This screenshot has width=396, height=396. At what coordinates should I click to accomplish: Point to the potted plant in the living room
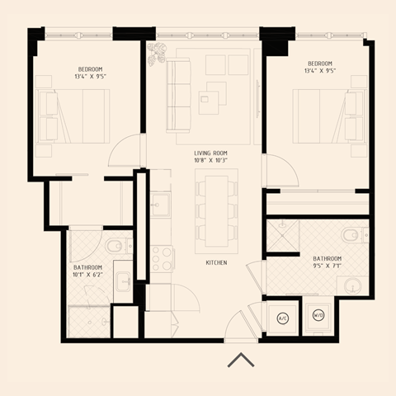(x=157, y=54)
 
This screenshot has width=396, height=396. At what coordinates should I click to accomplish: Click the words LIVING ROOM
(x=210, y=153)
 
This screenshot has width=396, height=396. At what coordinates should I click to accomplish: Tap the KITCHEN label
(x=216, y=262)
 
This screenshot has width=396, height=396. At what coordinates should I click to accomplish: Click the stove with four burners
(x=160, y=258)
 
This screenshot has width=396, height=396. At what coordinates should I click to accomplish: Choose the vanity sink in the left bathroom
(x=124, y=283)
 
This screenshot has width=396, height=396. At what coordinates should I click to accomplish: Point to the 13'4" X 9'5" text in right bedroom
(x=319, y=71)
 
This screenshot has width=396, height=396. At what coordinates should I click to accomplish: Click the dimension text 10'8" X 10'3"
(x=210, y=161)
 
